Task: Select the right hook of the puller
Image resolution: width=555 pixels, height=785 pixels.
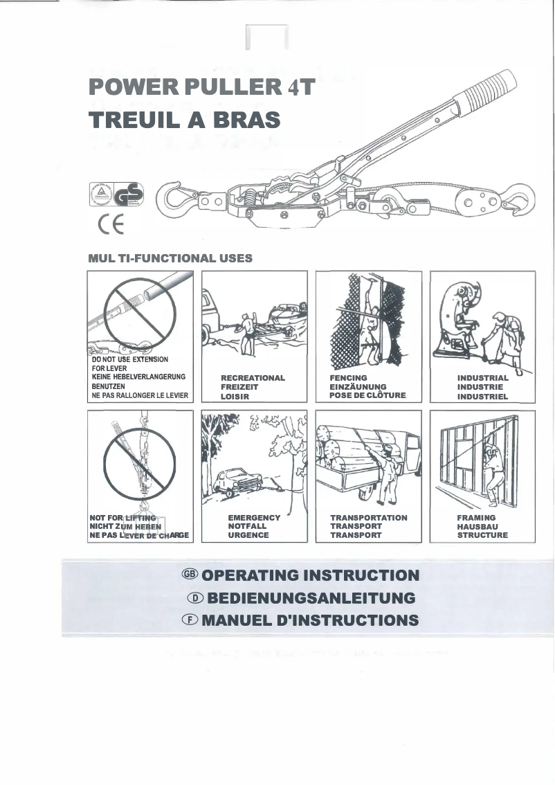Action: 519,200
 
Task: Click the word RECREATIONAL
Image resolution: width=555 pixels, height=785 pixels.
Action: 253,378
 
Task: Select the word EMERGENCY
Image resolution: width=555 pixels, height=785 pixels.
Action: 254,517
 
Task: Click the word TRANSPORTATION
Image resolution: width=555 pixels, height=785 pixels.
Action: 369,517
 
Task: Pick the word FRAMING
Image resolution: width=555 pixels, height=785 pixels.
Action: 476,517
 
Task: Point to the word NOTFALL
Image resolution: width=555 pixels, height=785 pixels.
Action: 247,526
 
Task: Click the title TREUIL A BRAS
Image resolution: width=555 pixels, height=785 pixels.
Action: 185,120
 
